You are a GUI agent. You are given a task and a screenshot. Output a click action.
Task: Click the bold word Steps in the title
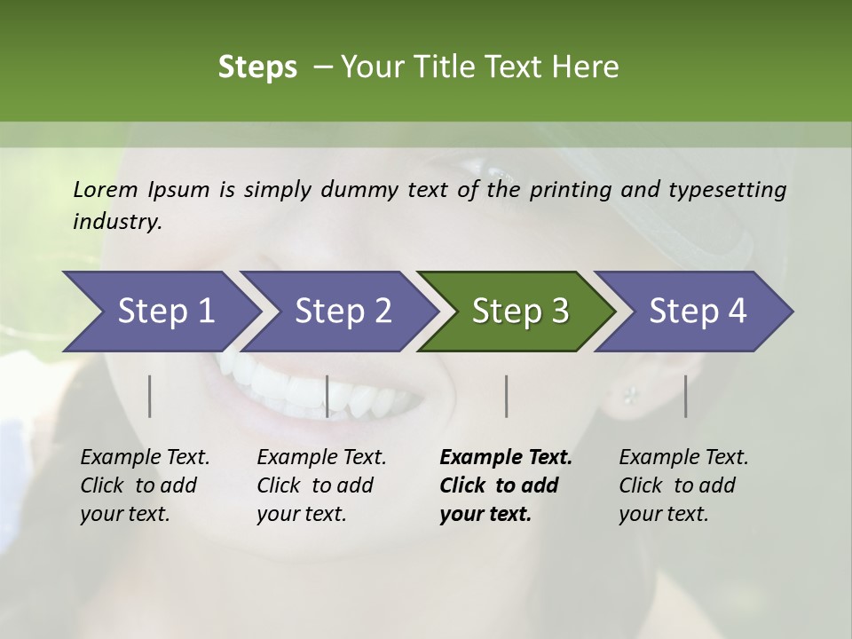click(x=257, y=67)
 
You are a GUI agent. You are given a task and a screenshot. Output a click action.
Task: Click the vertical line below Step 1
click(x=150, y=396)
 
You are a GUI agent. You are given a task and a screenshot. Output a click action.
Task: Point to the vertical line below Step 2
click(x=327, y=396)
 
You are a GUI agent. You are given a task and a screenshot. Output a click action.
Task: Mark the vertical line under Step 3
click(x=506, y=396)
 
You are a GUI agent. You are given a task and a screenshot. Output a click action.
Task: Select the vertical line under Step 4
click(x=685, y=396)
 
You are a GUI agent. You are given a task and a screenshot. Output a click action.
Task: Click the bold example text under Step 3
click(x=506, y=485)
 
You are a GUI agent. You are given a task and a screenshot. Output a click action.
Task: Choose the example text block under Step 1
click(x=145, y=485)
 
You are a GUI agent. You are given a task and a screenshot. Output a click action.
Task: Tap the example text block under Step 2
click(x=321, y=485)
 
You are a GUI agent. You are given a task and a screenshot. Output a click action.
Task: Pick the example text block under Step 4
click(x=683, y=485)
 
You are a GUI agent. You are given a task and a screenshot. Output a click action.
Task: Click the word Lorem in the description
click(x=106, y=190)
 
